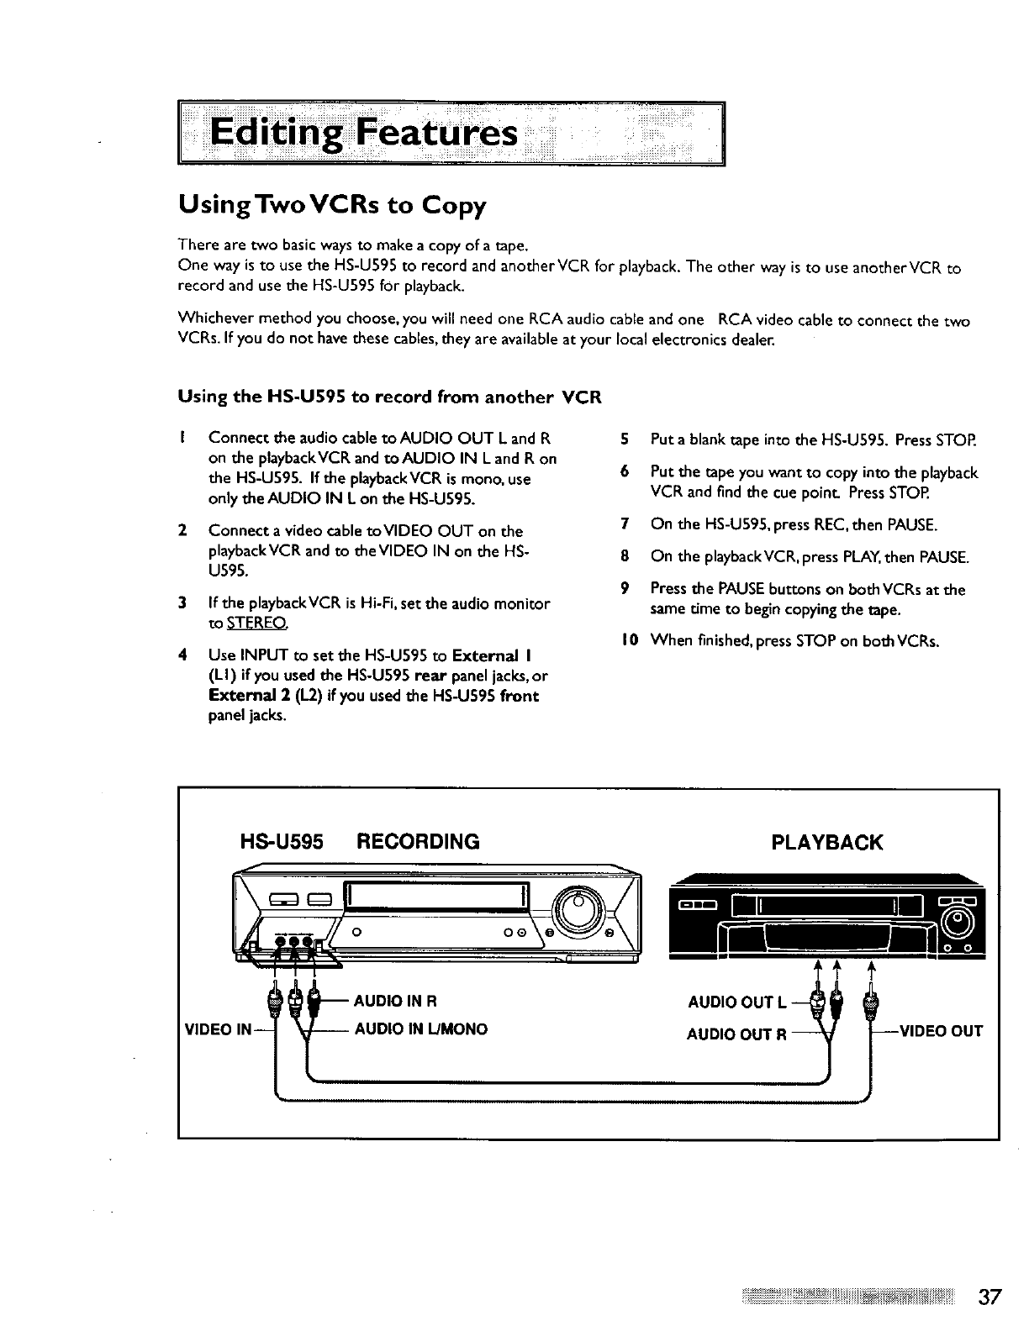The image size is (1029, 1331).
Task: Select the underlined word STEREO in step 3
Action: click(240, 623)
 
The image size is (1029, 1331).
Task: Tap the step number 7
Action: click(624, 525)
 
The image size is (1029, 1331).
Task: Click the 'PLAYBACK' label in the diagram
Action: click(827, 843)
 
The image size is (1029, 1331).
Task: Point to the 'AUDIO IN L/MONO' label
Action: click(420, 1028)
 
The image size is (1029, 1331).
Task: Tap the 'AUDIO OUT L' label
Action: click(737, 1002)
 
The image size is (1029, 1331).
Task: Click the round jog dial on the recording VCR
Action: click(578, 908)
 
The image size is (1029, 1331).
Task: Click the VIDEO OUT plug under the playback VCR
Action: click(870, 1002)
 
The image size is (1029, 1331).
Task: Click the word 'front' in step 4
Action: click(519, 696)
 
